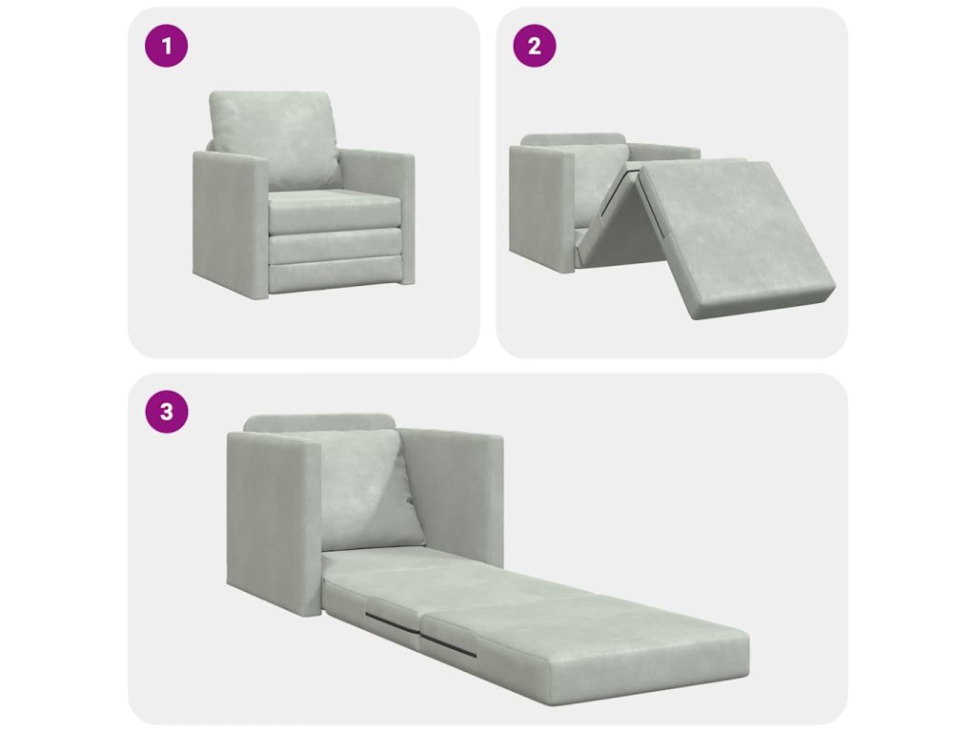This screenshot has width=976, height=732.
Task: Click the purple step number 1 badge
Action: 166,46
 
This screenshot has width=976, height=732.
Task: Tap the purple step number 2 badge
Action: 534,46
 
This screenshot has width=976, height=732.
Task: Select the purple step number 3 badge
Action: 166,412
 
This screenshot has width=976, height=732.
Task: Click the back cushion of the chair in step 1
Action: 274,139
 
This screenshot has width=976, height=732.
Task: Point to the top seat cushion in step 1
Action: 334,211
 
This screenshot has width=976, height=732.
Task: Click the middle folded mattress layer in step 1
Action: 335,246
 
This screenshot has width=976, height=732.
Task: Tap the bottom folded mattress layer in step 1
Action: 335,275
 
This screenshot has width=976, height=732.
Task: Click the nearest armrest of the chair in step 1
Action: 231,224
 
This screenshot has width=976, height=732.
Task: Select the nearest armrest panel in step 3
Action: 274,523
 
